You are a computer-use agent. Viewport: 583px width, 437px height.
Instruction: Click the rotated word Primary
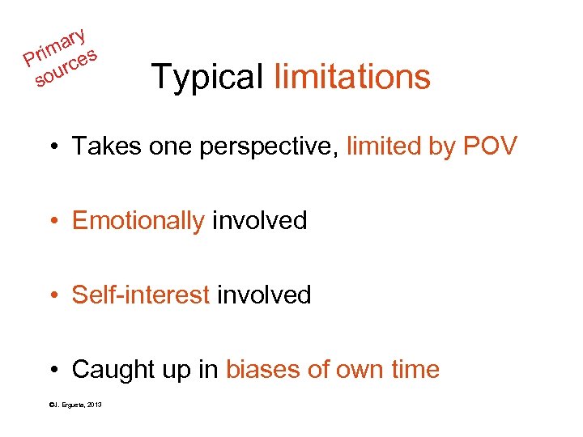pyautogui.click(x=55, y=46)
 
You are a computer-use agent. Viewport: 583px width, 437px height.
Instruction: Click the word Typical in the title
pyautogui.click(x=207, y=78)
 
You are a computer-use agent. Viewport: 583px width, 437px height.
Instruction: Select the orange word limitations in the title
pyautogui.click(x=352, y=77)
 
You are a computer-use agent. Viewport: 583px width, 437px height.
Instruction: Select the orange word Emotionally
pyautogui.click(x=138, y=221)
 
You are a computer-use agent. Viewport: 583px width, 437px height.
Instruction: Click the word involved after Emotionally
pyautogui.click(x=259, y=220)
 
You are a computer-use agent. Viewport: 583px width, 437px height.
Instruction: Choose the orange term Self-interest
pyautogui.click(x=141, y=295)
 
